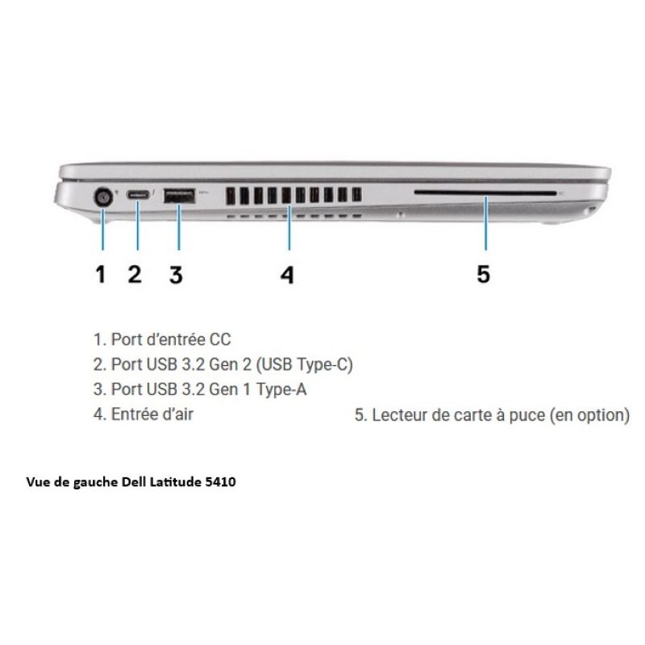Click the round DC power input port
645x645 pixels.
(103, 198)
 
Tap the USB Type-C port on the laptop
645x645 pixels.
(137, 194)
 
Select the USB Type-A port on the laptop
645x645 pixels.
(179, 195)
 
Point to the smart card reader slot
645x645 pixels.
(485, 193)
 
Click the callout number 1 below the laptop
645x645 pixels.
(100, 274)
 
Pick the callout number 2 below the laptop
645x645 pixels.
(135, 274)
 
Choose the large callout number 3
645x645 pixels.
(176, 275)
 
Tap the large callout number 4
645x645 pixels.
(287, 275)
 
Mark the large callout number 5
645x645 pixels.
(483, 274)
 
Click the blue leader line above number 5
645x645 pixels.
(486, 223)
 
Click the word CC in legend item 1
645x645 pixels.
(220, 339)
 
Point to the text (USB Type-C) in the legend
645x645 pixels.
(305, 365)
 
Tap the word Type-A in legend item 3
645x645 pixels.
(281, 389)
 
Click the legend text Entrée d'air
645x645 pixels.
(152, 414)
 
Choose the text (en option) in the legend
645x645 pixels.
(589, 415)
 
